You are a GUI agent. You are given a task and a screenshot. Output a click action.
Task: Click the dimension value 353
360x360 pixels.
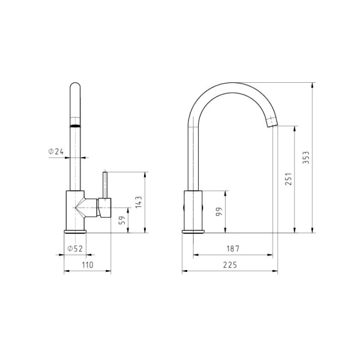306,157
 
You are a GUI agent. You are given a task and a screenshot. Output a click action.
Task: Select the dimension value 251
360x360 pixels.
288,179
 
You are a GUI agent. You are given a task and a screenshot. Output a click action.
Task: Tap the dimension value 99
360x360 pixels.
219,211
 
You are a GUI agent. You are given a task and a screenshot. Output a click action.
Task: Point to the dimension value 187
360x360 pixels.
233,248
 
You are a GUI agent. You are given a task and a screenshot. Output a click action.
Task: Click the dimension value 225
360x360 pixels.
230,265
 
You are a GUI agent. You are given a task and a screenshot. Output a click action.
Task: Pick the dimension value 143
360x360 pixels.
139,202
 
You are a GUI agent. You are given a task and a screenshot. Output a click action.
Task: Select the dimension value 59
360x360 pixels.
122,220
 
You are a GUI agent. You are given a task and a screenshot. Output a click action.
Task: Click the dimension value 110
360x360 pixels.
88,265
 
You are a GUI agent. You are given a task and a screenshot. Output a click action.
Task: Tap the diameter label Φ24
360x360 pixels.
56,151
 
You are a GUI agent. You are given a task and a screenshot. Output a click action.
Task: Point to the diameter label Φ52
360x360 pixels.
75,248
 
